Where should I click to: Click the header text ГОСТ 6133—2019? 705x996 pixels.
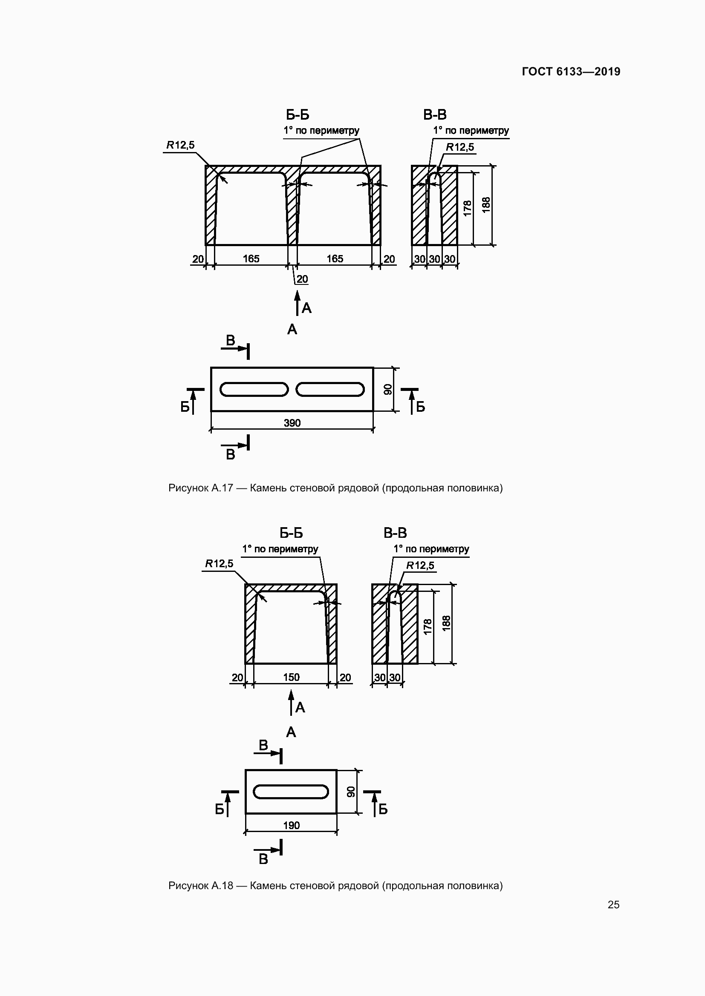[571, 72]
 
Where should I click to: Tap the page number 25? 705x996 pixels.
[613, 904]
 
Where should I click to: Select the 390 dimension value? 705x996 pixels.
[292, 423]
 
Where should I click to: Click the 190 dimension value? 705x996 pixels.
[291, 825]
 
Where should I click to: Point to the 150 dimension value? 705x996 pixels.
[291, 677]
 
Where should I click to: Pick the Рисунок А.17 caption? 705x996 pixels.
[335, 488]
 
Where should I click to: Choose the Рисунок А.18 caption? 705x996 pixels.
[335, 885]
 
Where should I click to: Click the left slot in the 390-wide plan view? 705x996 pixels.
[254, 389]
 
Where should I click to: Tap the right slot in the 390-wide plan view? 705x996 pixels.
[330, 389]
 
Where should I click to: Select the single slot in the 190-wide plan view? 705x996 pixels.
[291, 791]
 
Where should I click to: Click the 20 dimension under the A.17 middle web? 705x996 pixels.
[302, 279]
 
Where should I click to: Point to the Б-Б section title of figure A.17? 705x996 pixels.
[298, 115]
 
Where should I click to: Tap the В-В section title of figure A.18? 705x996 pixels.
[395, 533]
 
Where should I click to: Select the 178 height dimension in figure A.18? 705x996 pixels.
[428, 627]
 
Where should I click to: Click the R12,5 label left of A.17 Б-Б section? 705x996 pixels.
[181, 145]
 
